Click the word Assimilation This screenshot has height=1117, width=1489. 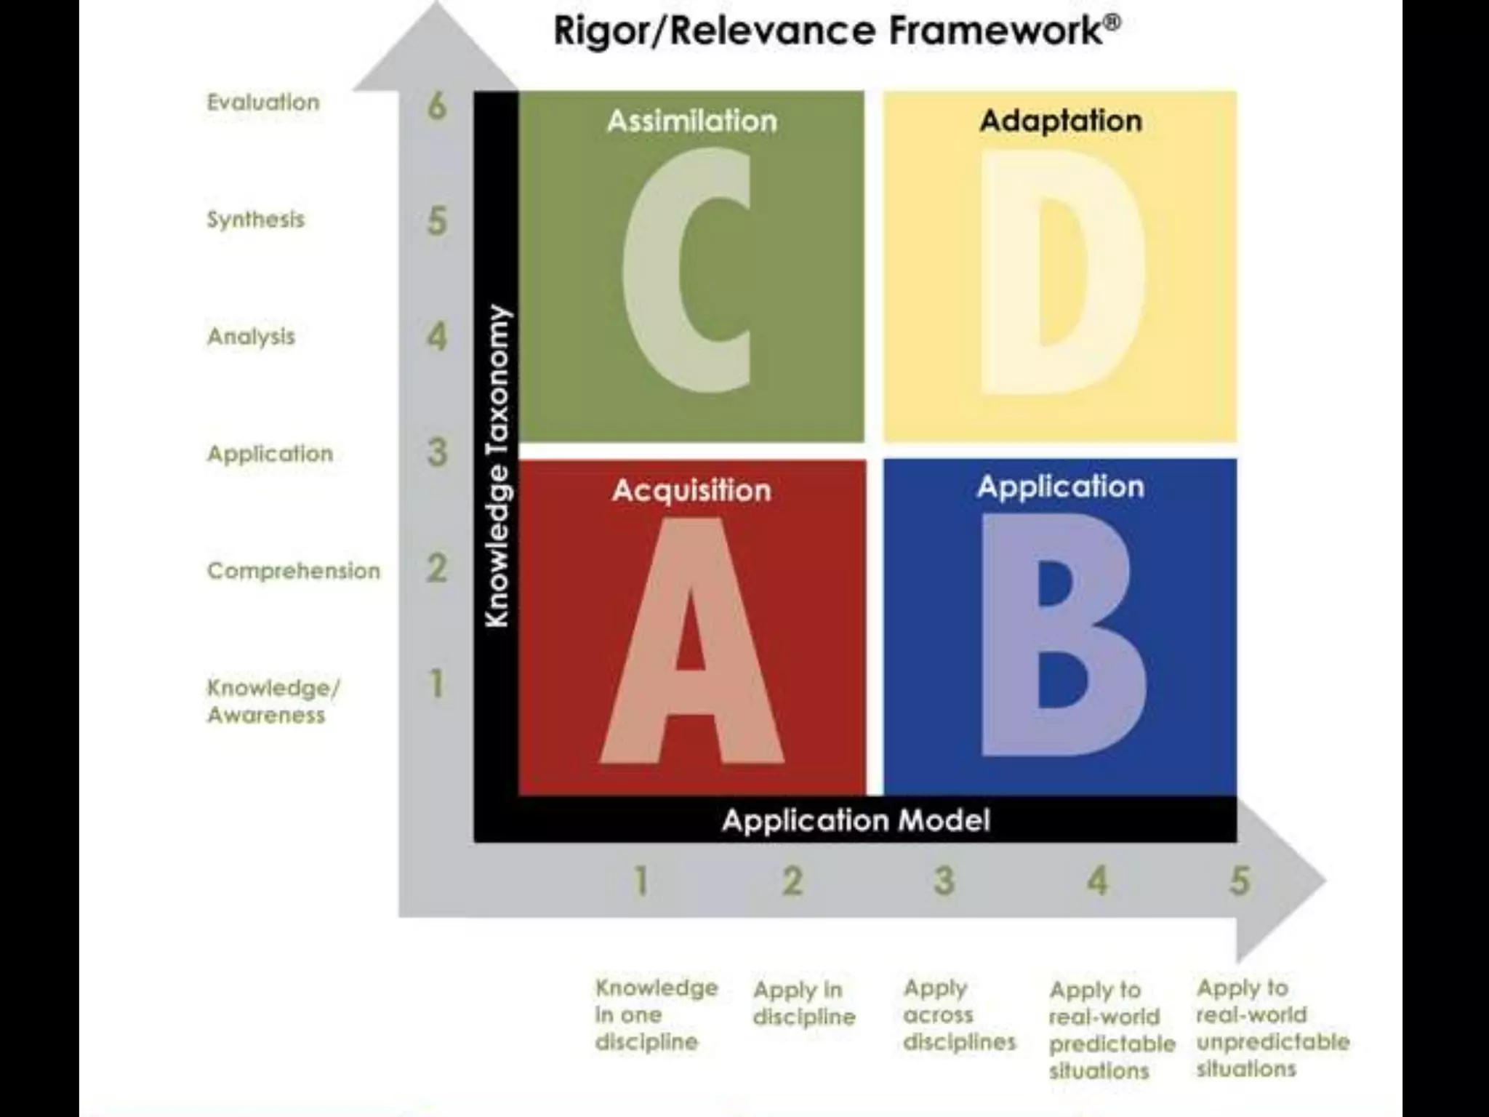tap(692, 121)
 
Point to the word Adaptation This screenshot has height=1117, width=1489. tap(1061, 121)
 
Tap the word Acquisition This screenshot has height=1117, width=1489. tap(691, 490)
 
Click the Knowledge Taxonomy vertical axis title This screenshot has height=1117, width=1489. tap(497, 465)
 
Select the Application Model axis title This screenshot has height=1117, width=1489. tap(856, 820)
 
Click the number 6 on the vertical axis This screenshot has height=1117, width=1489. tap(436, 106)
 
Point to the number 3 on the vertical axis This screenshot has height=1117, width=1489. tap(437, 452)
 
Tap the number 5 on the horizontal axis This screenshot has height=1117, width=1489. tap(1240, 881)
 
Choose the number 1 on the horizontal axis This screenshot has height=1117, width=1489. tap(641, 881)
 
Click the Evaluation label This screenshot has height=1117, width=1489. tap(263, 103)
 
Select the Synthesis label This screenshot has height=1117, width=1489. tap(256, 220)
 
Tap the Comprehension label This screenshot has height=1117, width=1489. tap(294, 571)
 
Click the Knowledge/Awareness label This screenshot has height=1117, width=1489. tap(273, 701)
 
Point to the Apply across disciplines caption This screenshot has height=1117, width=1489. tap(958, 1014)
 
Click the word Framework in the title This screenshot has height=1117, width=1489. tap(996, 31)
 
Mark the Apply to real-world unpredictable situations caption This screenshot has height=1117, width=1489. tap(1272, 1028)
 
